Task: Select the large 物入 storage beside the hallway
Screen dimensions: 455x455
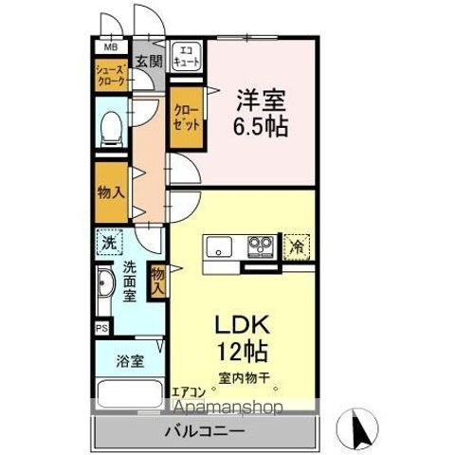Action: pos(110,192)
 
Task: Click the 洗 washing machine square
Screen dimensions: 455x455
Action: pos(107,243)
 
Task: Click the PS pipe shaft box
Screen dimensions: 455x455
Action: pos(100,328)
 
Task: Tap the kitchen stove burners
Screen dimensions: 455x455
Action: pos(260,247)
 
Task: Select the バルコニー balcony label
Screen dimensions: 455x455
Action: pos(206,431)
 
